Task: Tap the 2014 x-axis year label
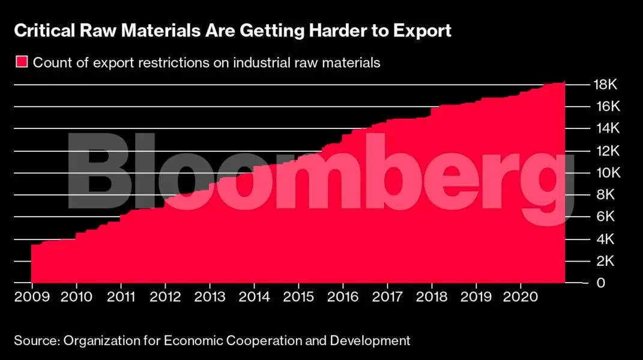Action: pos(253,297)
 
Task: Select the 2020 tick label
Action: pos(520,297)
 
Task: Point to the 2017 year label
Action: pos(387,297)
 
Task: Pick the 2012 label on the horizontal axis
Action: pos(165,297)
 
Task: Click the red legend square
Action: pos(21,62)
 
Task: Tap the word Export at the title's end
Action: pos(424,31)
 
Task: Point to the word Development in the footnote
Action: pos(372,341)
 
